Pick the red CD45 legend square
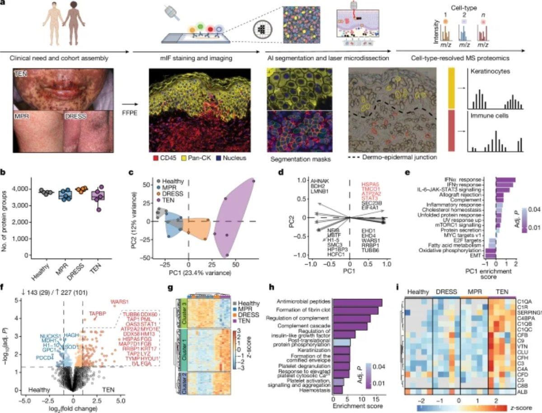(152, 159)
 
